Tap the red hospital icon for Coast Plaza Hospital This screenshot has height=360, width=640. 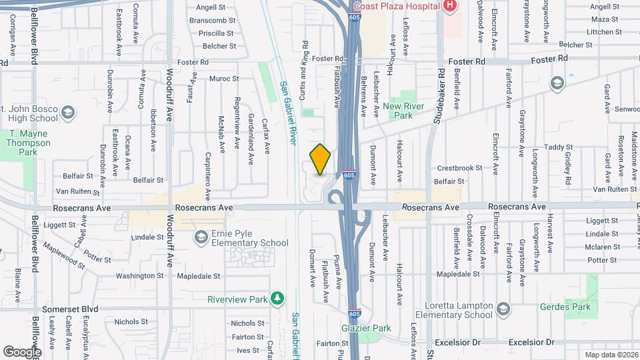[451, 6]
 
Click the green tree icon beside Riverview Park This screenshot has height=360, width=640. [278, 299]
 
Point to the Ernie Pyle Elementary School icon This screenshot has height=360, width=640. [200, 237]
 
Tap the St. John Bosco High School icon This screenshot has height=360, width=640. [67, 113]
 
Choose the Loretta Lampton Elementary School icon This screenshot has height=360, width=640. [503, 310]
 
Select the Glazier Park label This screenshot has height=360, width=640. [366, 328]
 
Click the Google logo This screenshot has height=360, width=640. [22, 351]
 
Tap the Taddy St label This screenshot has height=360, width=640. [554, 147]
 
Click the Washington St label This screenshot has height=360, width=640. [139, 275]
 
